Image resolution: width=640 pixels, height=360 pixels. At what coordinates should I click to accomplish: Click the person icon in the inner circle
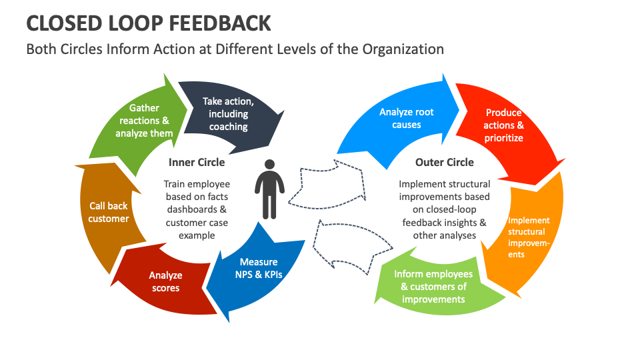point(267,189)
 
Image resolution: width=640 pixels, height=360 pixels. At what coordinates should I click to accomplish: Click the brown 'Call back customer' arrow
point(108,212)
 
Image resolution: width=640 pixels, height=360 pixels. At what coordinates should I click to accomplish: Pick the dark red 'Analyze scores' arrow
point(165,281)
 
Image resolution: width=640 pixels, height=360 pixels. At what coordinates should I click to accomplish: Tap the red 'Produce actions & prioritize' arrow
point(503,125)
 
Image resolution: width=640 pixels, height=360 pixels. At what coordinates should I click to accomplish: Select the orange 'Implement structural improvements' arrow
point(528,237)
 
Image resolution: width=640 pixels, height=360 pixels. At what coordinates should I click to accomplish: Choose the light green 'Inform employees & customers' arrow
point(433,286)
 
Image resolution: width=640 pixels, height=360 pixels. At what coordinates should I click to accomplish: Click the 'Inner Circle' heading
point(197,162)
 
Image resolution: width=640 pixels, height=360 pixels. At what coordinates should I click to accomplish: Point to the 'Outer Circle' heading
point(445,162)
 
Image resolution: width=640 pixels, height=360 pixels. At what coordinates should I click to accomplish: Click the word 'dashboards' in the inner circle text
point(183,209)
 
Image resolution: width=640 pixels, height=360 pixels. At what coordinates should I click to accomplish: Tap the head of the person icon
point(267,163)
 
